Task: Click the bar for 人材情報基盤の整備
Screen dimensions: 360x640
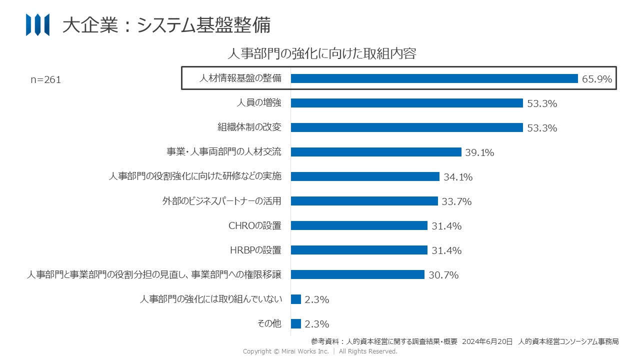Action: pyautogui.click(x=434, y=78)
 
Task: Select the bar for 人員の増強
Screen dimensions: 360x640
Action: pyautogui.click(x=406, y=103)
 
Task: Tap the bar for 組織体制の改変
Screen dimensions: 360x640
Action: pyautogui.click(x=406, y=127)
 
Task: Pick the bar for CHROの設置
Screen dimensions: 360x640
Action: pyautogui.click(x=359, y=225)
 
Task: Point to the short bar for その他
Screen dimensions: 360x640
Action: pyautogui.click(x=296, y=323)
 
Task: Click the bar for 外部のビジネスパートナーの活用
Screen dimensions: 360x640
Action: pyautogui.click(x=364, y=201)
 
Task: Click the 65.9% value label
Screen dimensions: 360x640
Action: pyautogui.click(x=597, y=79)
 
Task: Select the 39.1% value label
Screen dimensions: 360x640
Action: pyautogui.click(x=479, y=152)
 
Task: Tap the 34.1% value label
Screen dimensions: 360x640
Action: pyautogui.click(x=458, y=177)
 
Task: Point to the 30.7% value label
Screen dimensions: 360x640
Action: pyautogui.click(x=443, y=275)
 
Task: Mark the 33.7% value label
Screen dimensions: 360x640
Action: pyautogui.click(x=456, y=201)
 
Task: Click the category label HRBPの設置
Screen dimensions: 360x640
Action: pyautogui.click(x=255, y=250)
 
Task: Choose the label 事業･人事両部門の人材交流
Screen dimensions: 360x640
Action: pyautogui.click(x=224, y=152)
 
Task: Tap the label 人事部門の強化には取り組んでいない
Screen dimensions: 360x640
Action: pyautogui.click(x=211, y=299)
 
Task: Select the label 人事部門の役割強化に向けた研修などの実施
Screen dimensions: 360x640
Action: pyautogui.click(x=195, y=176)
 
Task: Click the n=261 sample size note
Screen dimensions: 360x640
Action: pyautogui.click(x=46, y=80)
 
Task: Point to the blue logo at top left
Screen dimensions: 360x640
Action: pyautogui.click(x=37, y=25)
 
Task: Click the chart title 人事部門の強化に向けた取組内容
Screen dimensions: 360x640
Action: pyautogui.click(x=322, y=53)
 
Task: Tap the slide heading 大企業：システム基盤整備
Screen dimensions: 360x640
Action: pyautogui.click(x=166, y=25)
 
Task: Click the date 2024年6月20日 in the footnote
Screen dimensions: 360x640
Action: pyautogui.click(x=487, y=342)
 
